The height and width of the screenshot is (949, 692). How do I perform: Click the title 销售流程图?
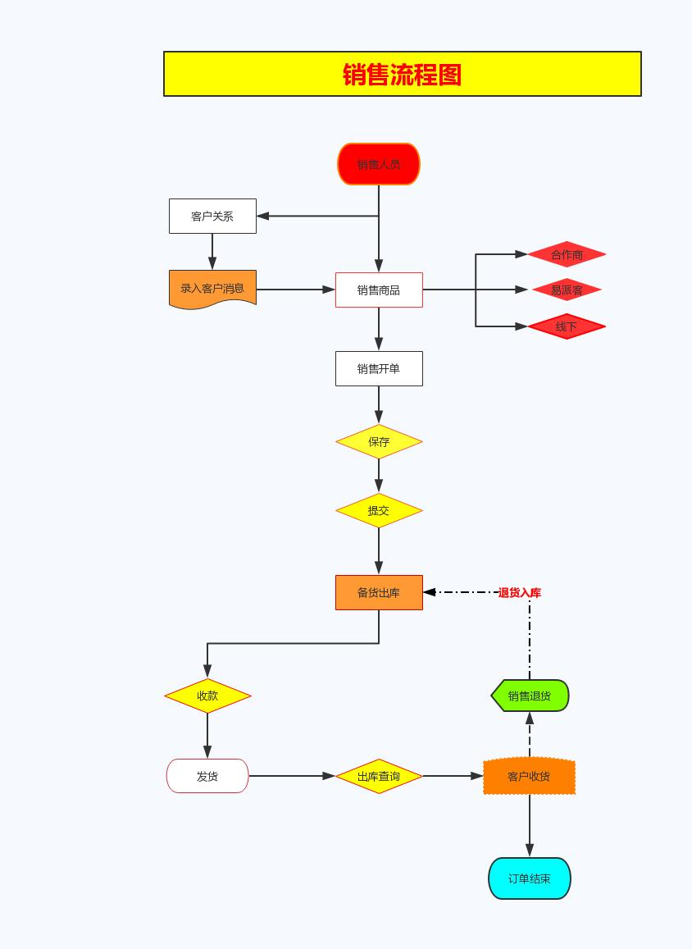click(x=402, y=75)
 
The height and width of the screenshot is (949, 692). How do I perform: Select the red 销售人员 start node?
click(x=379, y=164)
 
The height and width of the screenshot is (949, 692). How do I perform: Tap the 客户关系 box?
click(x=212, y=217)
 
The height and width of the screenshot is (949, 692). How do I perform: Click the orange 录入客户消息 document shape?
click(x=212, y=289)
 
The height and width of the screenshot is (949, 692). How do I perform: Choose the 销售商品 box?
click(x=379, y=290)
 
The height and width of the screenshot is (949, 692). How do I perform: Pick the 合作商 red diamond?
click(x=567, y=254)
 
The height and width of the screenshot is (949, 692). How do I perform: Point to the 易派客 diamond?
click(x=567, y=290)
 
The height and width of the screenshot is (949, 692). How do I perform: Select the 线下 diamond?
click(x=567, y=326)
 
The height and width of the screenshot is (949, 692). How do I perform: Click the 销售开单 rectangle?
click(x=379, y=369)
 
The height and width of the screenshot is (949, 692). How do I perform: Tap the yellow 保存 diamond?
click(x=379, y=441)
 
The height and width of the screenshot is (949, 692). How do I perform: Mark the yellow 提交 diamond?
click(x=379, y=510)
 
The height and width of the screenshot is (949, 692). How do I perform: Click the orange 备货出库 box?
click(x=379, y=592)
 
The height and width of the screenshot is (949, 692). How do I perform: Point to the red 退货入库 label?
click(x=519, y=592)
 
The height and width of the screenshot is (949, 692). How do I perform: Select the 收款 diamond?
click(x=207, y=696)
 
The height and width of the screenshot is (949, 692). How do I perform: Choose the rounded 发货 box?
click(x=207, y=776)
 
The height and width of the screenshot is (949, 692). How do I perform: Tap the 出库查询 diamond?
click(x=379, y=776)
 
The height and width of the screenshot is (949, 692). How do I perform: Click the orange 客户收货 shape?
click(x=529, y=776)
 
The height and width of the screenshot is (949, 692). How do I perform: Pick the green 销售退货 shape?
click(x=530, y=696)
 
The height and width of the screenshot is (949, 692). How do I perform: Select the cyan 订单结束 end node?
click(x=530, y=878)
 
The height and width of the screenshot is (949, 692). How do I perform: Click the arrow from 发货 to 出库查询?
click(x=291, y=776)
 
